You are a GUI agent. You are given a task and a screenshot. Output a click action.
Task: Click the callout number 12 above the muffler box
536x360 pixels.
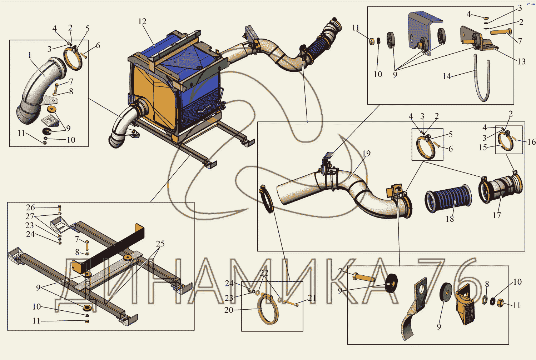[x=142, y=21]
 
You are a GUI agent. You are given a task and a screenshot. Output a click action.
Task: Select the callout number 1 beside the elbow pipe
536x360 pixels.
[x=30, y=55]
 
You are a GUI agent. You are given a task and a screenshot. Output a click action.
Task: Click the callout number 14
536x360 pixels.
[x=447, y=76]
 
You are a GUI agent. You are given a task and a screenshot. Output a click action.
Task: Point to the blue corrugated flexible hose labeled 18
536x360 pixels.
[x=448, y=199]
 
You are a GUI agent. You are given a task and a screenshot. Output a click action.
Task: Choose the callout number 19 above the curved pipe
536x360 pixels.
[x=366, y=153]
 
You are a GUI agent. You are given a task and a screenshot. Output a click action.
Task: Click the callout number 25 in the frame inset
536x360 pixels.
[x=160, y=244]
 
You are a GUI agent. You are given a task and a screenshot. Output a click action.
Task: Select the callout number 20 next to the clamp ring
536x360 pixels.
[x=229, y=310]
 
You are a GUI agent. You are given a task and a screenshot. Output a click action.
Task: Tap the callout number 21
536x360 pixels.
[x=312, y=298]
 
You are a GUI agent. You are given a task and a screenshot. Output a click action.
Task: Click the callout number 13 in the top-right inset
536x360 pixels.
[x=521, y=61]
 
